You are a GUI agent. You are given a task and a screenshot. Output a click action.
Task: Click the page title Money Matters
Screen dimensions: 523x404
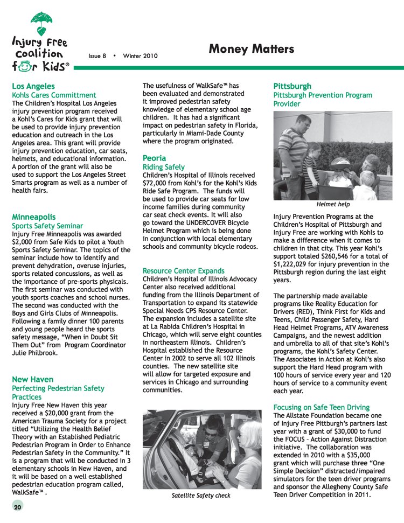(x=251, y=50)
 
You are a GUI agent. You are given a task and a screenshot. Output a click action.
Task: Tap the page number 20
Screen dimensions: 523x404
(x=18, y=507)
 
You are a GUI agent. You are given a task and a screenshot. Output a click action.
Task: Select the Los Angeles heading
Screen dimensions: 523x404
(x=33, y=86)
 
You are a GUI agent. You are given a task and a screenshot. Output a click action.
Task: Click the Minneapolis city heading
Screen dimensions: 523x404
(x=34, y=217)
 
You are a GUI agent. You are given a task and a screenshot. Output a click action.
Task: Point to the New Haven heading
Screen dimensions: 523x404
(x=33, y=379)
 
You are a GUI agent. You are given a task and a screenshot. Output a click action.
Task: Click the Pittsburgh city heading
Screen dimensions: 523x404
(x=292, y=86)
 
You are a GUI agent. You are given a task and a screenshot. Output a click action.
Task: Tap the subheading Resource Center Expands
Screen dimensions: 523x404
(x=183, y=270)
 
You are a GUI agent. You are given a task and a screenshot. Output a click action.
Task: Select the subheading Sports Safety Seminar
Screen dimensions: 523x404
(x=47, y=226)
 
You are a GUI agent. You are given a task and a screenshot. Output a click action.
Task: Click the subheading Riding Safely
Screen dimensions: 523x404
(x=164, y=167)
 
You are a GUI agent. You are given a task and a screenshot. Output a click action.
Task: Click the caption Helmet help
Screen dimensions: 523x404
(x=333, y=204)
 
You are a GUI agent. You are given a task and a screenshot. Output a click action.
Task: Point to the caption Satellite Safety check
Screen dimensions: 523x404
(x=201, y=495)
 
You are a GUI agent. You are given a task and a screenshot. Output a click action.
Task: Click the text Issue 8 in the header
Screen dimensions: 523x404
(x=97, y=55)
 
